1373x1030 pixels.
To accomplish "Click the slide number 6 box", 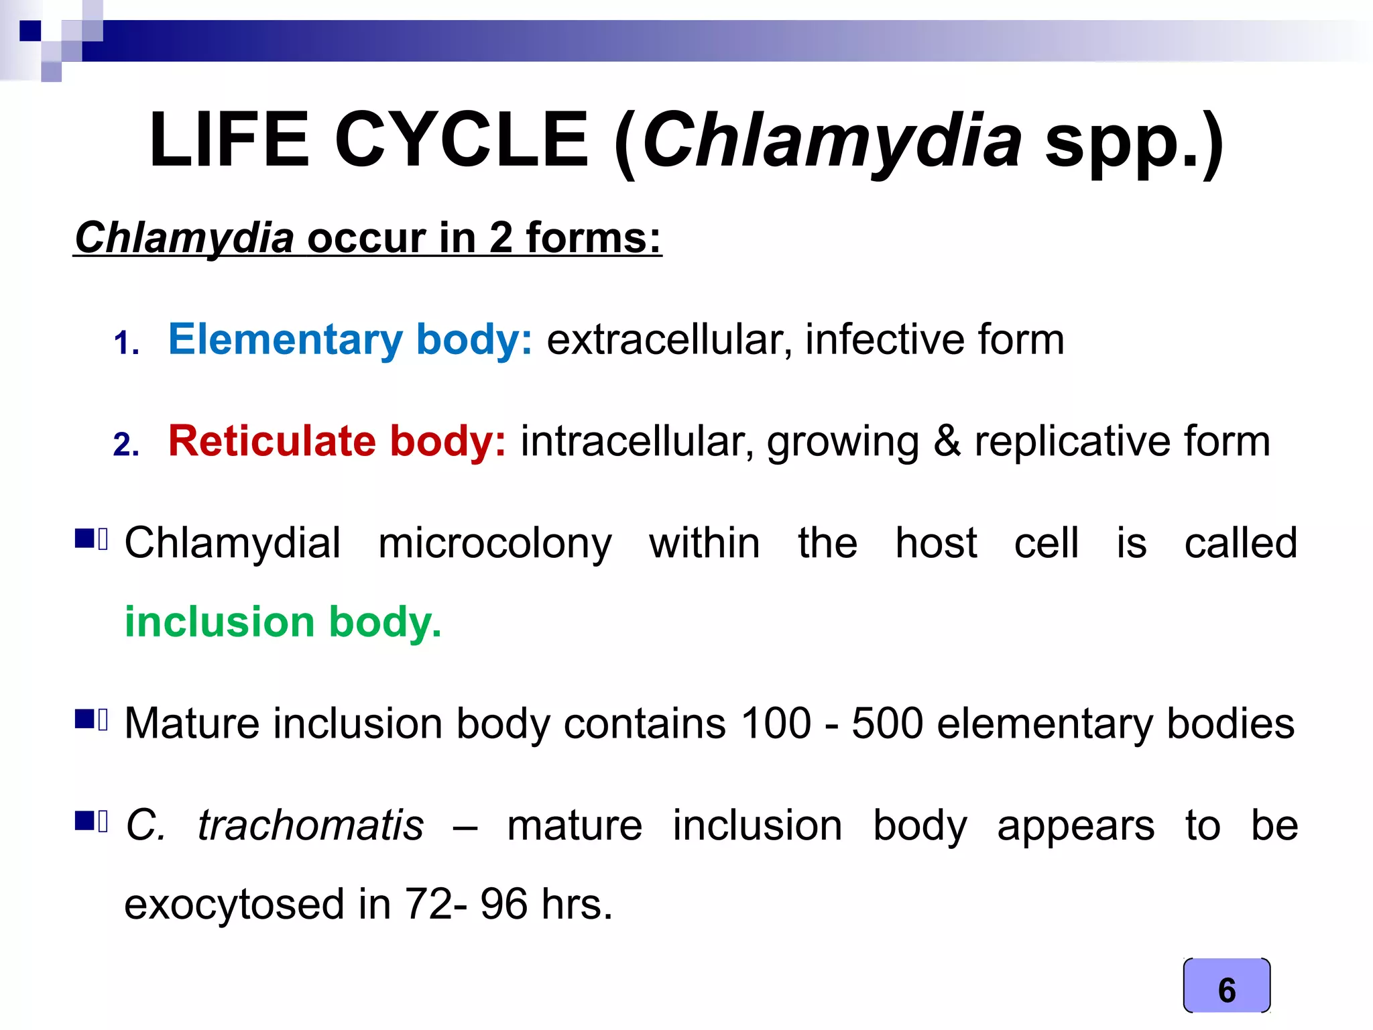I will (1226, 986).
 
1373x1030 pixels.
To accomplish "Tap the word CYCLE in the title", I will (461, 140).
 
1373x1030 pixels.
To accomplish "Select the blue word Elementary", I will (285, 339).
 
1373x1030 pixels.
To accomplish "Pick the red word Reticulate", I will (272, 441).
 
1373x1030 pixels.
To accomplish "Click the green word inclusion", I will (219, 622).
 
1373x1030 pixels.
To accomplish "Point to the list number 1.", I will (125, 343).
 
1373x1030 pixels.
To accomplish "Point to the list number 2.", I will (125, 445).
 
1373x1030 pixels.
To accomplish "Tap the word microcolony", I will (495, 543).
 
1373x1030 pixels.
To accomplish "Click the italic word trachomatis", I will (310, 825).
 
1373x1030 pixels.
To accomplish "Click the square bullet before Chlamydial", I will (84, 538).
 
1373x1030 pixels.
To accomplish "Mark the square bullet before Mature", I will (84, 720).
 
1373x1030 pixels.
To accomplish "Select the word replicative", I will (1071, 441).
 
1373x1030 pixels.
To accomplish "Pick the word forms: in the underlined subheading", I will (593, 238).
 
